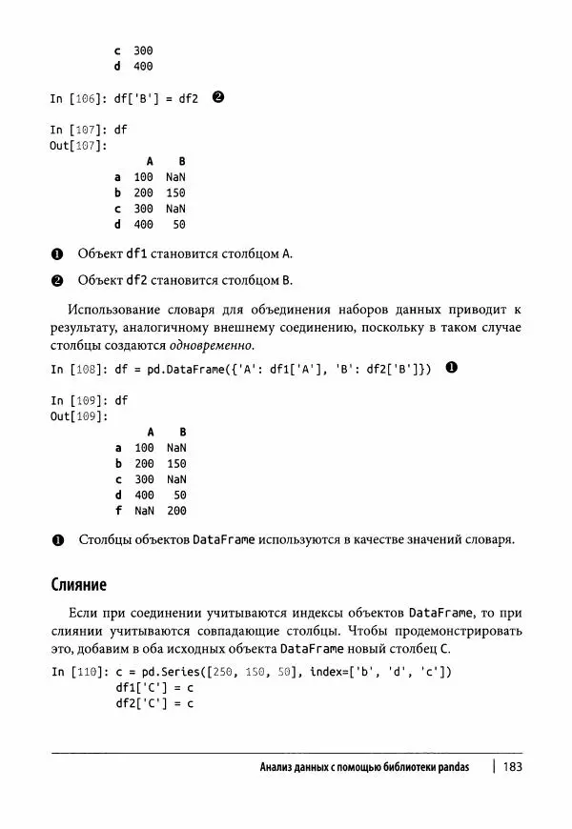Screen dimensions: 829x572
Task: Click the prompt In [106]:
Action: (76, 98)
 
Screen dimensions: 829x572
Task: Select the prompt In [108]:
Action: (76, 369)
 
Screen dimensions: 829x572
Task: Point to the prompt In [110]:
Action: (76, 672)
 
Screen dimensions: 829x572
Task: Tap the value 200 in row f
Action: (176, 511)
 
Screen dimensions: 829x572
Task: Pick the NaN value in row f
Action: (144, 511)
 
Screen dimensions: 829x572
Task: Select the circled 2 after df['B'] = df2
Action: (218, 98)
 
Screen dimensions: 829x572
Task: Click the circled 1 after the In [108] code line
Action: (452, 369)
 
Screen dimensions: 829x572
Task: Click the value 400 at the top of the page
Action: (143, 66)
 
